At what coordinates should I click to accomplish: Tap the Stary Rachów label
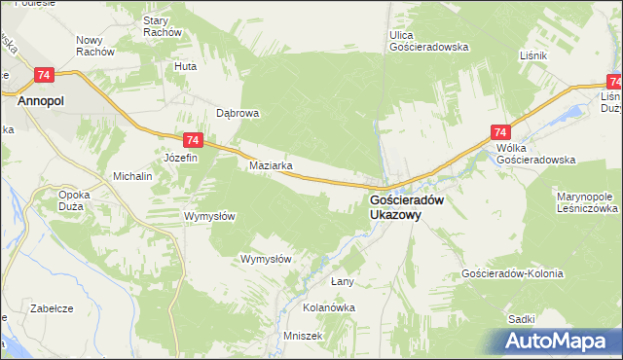point(163,26)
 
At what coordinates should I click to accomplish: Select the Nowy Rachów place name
point(95,46)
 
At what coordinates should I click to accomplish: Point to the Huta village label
point(185,66)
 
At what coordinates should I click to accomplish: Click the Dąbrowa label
point(237,113)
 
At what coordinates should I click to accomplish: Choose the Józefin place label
point(181,158)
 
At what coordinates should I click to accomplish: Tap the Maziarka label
point(272,165)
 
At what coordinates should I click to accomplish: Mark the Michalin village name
point(133,177)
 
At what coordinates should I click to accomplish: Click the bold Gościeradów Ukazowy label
point(406,208)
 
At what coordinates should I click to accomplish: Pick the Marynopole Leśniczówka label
point(587,202)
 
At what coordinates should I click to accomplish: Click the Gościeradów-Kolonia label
point(512,274)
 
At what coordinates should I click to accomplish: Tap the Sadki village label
point(522,318)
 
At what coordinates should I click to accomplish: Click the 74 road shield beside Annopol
point(43,75)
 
